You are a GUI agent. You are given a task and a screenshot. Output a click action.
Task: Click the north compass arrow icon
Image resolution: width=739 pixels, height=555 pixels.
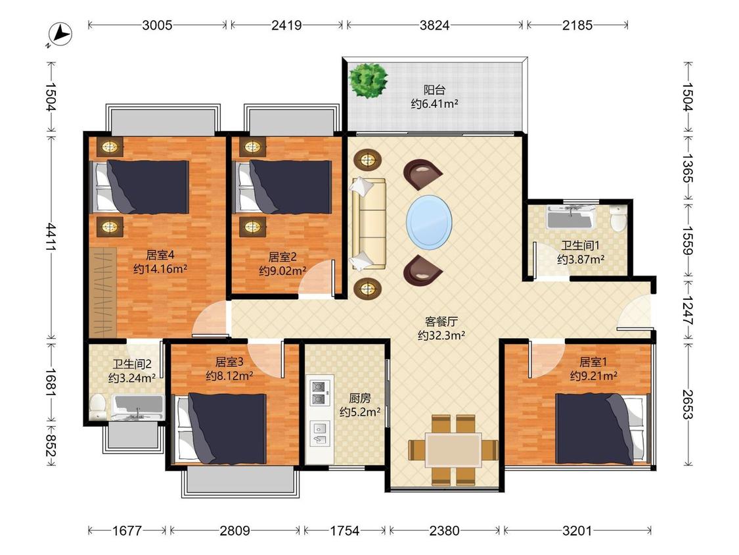pos(60,34)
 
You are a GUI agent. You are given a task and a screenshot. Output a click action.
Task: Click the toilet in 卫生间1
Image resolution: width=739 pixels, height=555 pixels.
pos(617,218)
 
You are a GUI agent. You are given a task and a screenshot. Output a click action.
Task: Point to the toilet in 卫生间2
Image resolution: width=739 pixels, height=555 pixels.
pos(98,407)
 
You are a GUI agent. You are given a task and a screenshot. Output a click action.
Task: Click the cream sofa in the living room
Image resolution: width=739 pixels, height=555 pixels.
pos(368,224)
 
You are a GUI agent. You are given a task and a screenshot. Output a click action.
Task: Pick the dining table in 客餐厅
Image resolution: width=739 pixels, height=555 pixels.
pos(453,450)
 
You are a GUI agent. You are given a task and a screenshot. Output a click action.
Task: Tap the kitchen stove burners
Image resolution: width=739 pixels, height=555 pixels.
pos(318,393)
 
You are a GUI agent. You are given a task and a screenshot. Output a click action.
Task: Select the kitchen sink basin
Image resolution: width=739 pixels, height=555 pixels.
pos(320,434)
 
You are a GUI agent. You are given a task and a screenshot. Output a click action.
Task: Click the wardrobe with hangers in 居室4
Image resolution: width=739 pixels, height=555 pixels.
pos(103,292)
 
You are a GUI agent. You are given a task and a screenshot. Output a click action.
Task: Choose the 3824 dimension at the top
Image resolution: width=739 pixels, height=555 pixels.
pos(434,25)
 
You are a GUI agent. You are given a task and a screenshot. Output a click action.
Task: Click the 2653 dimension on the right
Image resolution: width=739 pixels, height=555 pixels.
pos(688,404)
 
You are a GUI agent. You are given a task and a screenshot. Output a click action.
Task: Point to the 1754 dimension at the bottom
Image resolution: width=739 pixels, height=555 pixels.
pos(344,531)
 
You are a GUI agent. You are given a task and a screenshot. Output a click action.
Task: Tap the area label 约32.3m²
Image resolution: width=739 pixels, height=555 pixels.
pos(441,335)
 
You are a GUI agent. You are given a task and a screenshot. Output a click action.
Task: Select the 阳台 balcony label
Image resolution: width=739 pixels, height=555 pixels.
pos(434,89)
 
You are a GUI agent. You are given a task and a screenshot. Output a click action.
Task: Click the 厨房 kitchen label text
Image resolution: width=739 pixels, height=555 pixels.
pos(359,398)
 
